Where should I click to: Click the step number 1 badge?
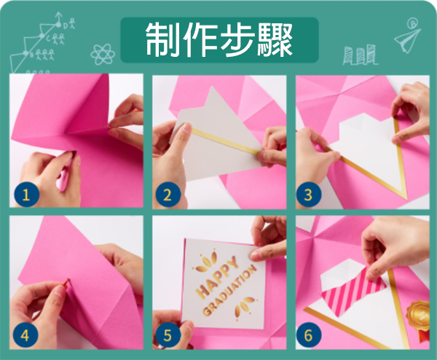[x=25, y=195]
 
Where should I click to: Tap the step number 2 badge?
[x=168, y=195]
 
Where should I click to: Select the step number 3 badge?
[x=308, y=195]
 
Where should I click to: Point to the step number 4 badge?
[x=25, y=335]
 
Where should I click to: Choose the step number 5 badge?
[x=168, y=335]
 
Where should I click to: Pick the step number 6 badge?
[x=308, y=335]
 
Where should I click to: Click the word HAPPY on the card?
[x=218, y=276]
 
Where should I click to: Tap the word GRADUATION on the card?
[x=229, y=290]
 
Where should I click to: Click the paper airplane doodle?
[x=407, y=40]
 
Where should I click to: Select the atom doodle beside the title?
[x=103, y=55]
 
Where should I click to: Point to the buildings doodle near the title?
[x=360, y=55]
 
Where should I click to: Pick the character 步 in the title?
[x=237, y=40]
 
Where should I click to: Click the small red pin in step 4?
[x=66, y=282]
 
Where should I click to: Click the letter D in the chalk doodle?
[x=66, y=26]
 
